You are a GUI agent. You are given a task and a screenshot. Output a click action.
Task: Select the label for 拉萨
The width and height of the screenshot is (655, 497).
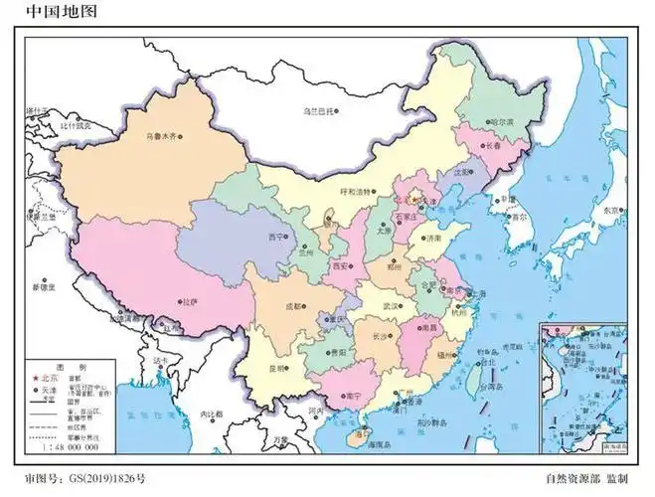point(189,300)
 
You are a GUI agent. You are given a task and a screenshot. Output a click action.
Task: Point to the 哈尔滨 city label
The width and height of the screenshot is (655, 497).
point(502,122)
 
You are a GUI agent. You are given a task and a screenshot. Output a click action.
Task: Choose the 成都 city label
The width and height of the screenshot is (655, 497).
point(293,307)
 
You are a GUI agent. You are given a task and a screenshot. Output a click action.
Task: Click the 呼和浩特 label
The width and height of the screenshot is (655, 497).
point(355,191)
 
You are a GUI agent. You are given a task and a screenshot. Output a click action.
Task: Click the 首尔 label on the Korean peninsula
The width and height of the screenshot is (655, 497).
point(518,217)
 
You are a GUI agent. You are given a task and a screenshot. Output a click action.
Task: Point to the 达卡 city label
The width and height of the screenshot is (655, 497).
point(163,359)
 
